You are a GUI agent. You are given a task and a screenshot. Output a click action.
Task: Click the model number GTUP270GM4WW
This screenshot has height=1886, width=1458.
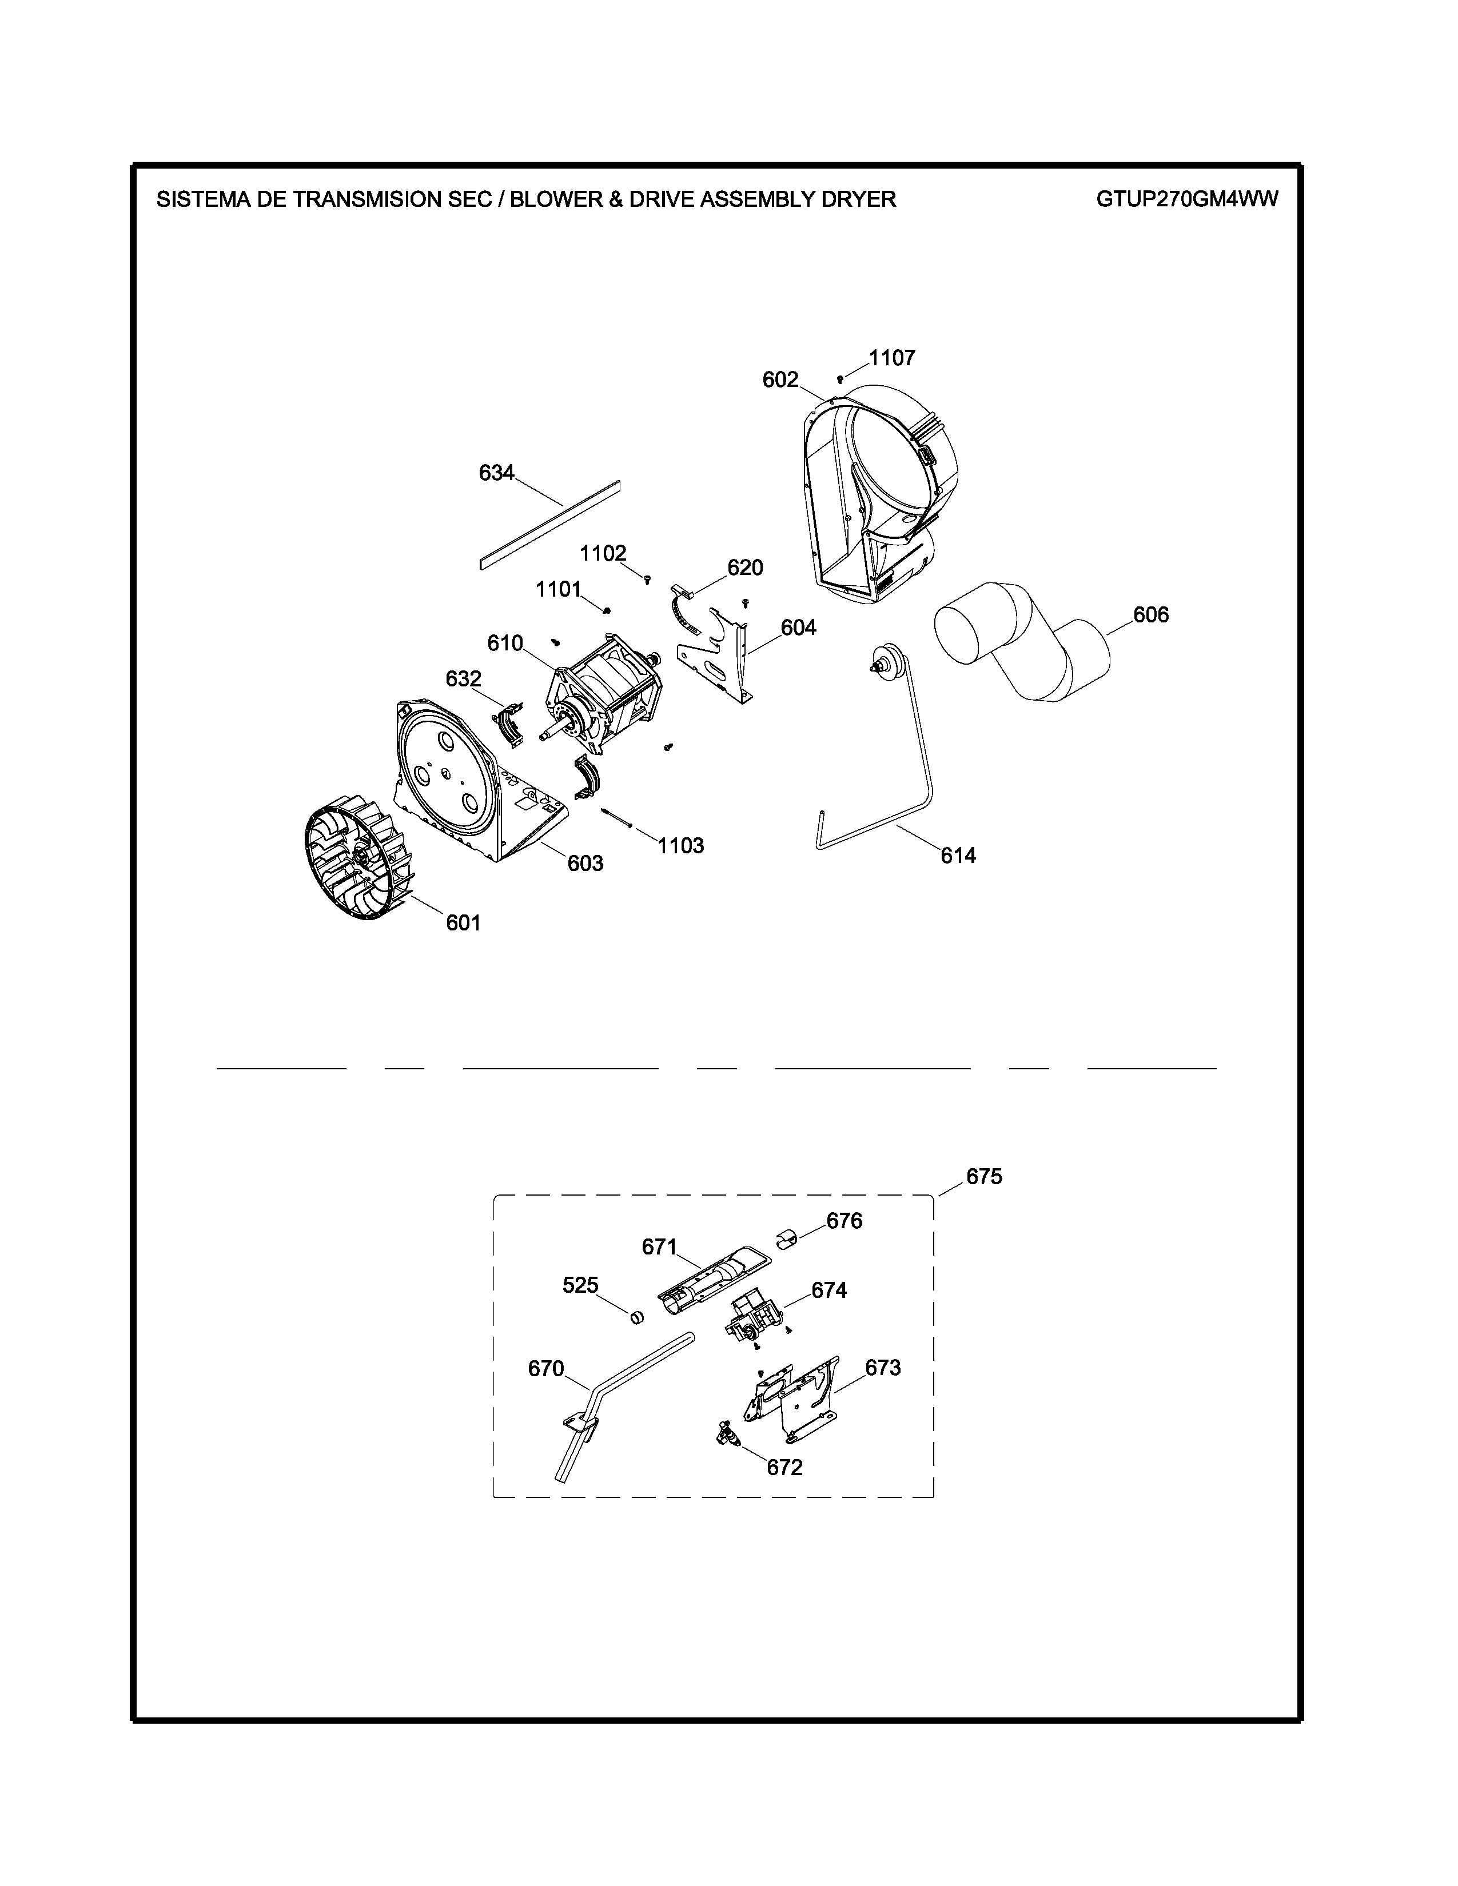tap(1187, 199)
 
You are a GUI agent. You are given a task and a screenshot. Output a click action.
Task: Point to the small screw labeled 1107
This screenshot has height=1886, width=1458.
tap(839, 378)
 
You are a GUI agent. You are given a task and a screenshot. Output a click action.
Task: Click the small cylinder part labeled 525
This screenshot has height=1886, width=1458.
tap(636, 1318)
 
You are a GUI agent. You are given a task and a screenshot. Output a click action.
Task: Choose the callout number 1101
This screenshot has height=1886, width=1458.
tap(558, 589)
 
